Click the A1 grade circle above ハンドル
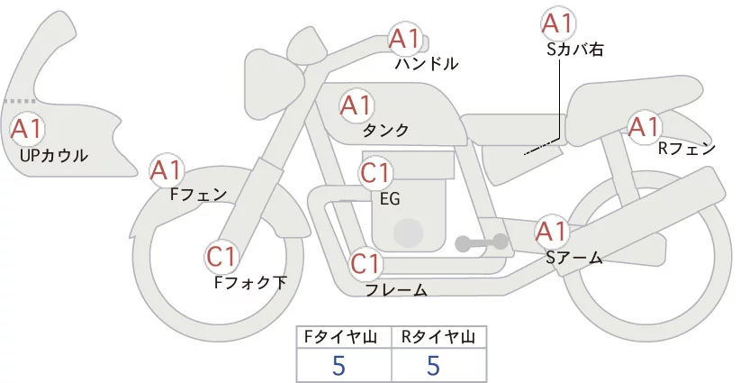pos(405,39)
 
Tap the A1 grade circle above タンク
pos(356,105)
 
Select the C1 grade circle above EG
pos(376,173)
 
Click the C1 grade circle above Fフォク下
pos(221,258)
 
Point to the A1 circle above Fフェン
pos(167,169)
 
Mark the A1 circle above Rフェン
pos(644,127)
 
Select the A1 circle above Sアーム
pos(551,231)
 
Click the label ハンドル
pos(427,64)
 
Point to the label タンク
pos(386,131)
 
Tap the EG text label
pos(390,197)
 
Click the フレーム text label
pos(395,290)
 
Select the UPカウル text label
pos(53,155)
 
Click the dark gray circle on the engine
pos(409,233)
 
